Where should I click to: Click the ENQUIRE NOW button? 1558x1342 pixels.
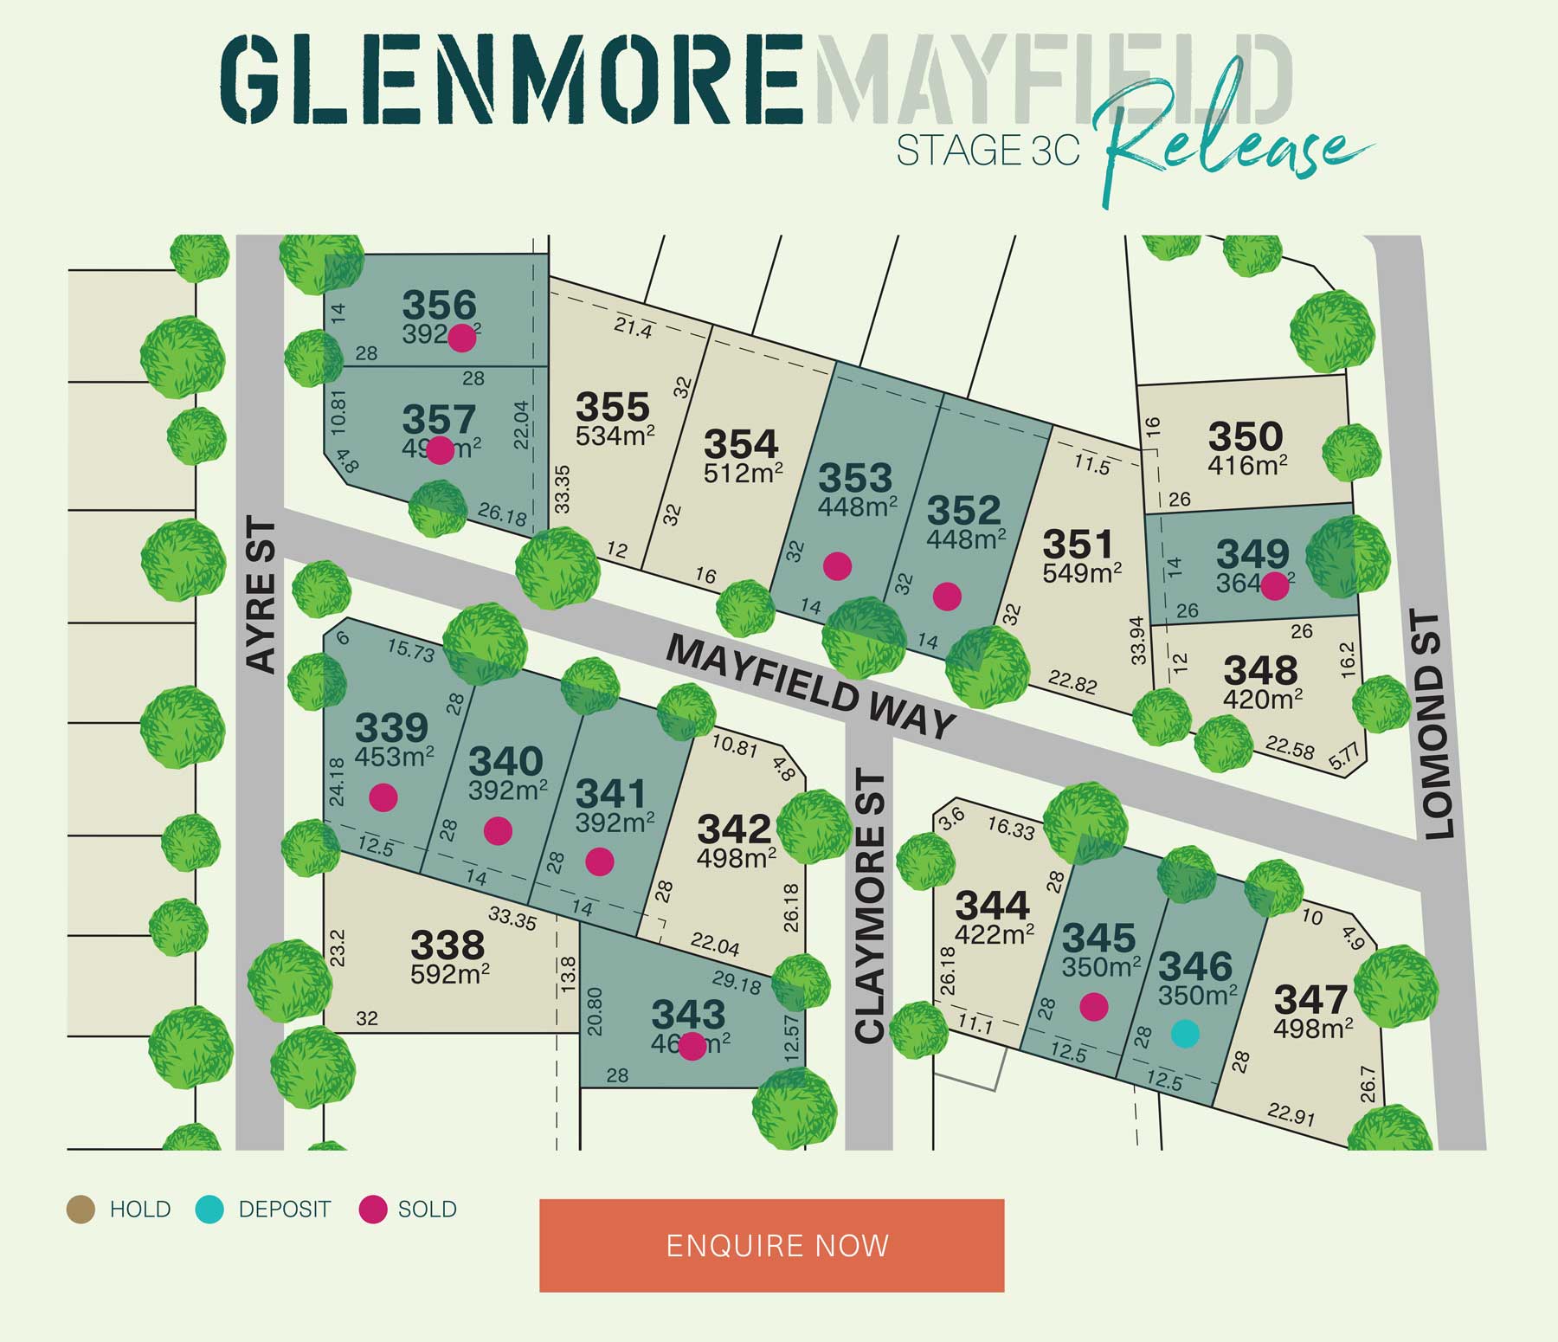pos(771,1245)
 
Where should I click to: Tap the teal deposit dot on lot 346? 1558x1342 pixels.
pos(1185,1033)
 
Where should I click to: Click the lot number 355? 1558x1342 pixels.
pos(612,406)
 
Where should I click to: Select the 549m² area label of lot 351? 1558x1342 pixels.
pos(1082,573)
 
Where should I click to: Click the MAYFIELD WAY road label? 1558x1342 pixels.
pos(810,687)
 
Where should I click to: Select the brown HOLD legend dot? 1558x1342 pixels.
pos(81,1209)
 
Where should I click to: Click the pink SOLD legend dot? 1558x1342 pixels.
pos(373,1209)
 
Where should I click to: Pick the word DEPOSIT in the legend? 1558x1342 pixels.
pos(284,1209)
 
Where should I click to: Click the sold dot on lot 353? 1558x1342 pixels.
pos(837,566)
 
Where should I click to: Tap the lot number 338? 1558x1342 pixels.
pos(447,945)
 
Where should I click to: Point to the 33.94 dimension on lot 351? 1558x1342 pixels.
pos(1138,640)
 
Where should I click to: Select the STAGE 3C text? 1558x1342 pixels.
pos(988,151)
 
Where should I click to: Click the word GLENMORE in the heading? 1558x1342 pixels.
pos(511,80)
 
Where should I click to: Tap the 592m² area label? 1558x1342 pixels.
pos(450,974)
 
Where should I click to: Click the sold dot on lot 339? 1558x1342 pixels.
pos(383,797)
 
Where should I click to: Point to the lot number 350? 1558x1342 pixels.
pos(1245,436)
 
